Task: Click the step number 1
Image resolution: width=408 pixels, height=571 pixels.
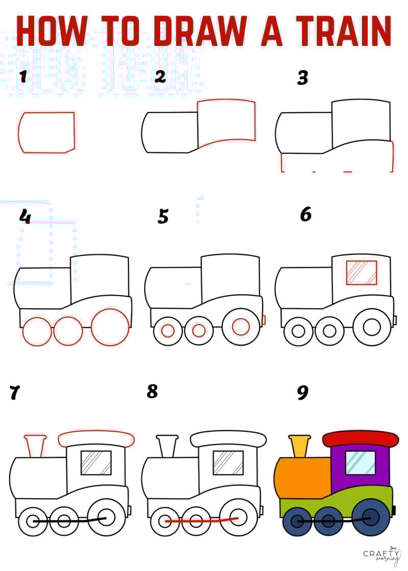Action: click(22, 76)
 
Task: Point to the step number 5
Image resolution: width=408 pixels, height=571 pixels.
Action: click(163, 216)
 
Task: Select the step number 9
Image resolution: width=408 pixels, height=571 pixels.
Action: click(302, 393)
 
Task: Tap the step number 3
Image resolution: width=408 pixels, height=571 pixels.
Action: click(303, 78)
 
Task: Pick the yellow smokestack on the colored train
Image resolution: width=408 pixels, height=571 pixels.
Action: click(299, 446)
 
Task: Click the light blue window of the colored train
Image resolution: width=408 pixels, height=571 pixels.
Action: click(360, 462)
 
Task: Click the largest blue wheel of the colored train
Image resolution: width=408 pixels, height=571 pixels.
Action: click(371, 517)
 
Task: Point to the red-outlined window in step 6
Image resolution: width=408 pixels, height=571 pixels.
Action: click(361, 273)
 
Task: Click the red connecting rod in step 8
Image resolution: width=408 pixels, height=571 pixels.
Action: click(201, 521)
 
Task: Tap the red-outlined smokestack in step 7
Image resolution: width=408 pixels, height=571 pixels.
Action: click(35, 446)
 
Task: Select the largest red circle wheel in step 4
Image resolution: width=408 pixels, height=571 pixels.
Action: click(110, 327)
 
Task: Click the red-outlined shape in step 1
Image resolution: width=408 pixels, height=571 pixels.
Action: click(46, 133)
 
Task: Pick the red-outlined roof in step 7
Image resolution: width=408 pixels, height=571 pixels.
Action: click(96, 438)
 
